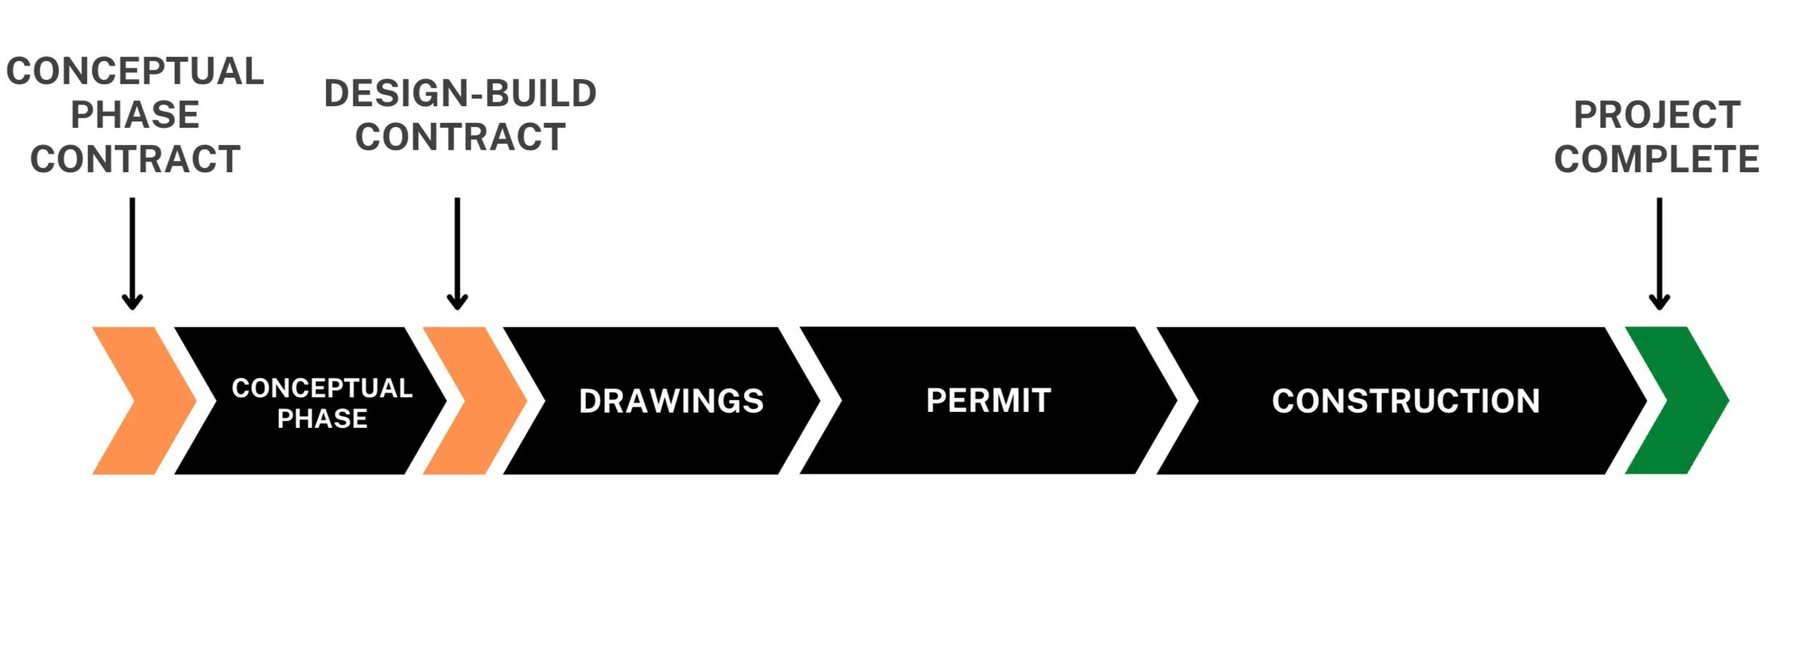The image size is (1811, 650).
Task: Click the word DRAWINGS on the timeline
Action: [671, 401]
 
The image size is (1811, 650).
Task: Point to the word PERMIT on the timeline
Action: [988, 400]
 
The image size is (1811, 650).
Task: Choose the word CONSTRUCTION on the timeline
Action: [1406, 401]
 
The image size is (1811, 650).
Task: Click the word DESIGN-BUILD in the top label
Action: [460, 94]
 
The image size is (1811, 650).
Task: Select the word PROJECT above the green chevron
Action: [1657, 115]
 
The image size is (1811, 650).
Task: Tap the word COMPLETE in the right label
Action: [1656, 159]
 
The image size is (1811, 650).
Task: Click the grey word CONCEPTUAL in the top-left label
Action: [135, 71]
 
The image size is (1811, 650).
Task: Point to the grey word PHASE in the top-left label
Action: [135, 115]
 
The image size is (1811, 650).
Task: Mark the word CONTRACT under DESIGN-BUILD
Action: [460, 137]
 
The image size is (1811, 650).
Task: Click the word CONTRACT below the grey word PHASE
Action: [135, 159]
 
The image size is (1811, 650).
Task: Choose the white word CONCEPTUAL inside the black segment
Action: [322, 388]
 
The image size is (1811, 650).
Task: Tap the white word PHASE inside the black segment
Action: [322, 418]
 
